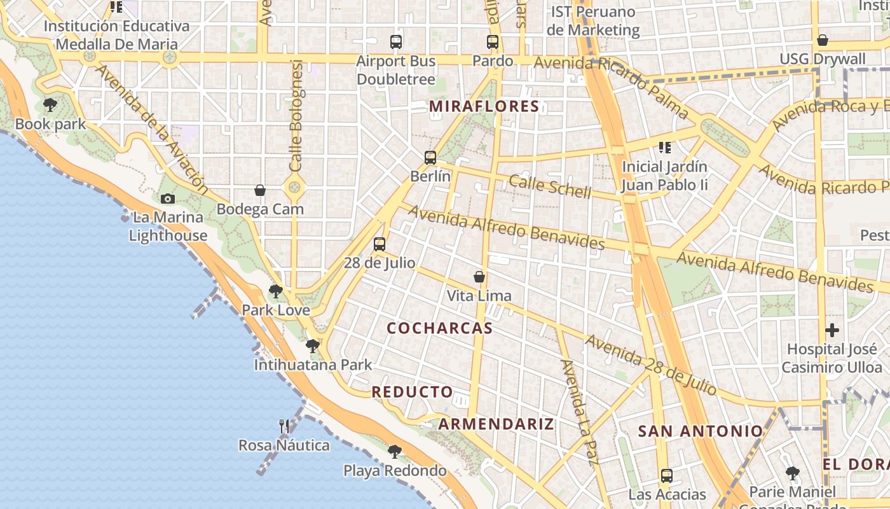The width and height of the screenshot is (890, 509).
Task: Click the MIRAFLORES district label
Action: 484,106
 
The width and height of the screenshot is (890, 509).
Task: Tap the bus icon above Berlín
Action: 430,157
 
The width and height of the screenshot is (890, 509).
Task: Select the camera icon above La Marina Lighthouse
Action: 168,199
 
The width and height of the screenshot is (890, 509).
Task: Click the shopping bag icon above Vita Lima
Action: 479,277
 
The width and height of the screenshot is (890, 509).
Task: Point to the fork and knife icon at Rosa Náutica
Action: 284,426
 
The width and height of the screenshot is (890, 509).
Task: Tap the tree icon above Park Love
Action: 275,291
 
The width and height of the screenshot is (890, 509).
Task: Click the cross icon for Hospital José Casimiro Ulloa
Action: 832,330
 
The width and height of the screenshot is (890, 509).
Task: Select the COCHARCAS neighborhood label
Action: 439,328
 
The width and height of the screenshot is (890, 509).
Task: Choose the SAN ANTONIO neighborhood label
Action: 700,431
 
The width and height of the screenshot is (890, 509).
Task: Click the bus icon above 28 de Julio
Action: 380,244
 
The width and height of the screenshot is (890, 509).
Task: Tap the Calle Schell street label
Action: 550,186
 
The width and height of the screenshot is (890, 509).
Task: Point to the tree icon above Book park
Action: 50,105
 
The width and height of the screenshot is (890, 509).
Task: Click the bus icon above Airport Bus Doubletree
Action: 396,42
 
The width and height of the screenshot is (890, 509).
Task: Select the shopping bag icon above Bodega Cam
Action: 260,190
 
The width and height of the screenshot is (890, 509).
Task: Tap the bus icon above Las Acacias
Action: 667,475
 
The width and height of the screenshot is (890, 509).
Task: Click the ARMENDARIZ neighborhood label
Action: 496,424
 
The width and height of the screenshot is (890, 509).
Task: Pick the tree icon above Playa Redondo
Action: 395,452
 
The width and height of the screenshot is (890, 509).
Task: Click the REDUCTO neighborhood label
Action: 413,392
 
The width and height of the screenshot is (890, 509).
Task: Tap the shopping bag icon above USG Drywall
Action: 823,40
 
